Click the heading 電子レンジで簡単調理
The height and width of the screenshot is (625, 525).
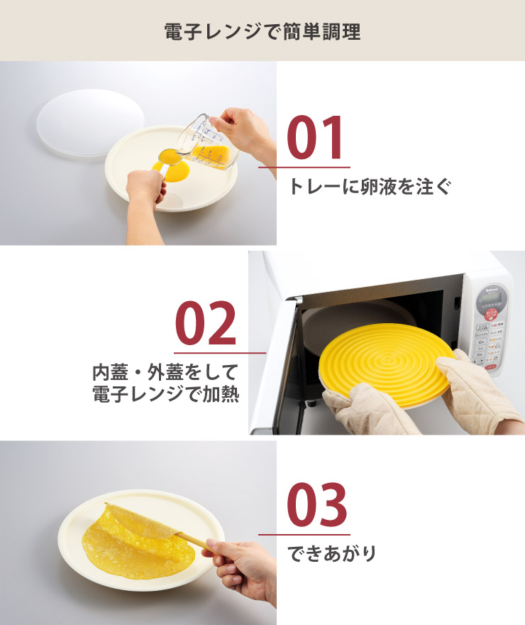pos(262,31)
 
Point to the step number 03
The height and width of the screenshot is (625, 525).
pos(316,505)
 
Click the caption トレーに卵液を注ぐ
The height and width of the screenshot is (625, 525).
pos(369,187)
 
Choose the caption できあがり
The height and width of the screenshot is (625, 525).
pos(331,553)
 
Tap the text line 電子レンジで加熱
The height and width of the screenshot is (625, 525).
pos(165,395)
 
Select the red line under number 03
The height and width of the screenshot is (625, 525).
pos(304,534)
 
